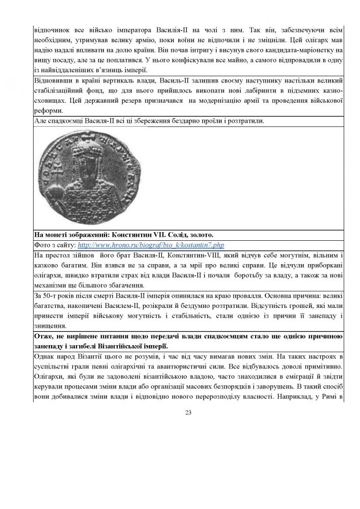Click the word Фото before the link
[42, 245]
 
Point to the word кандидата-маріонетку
[285, 50]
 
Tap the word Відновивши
[53, 80]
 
